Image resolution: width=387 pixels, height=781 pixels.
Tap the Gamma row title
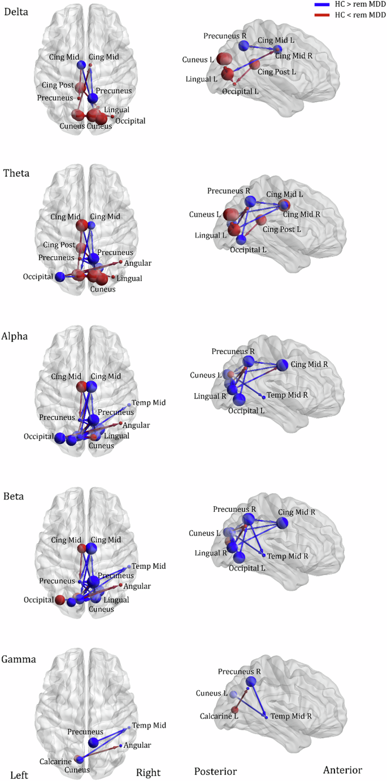[x=19, y=659]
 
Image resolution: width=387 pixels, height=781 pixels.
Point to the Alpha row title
[x=17, y=336]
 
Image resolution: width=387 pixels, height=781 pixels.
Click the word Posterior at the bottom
[x=215, y=771]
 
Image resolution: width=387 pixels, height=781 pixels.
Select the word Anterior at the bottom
[x=342, y=770]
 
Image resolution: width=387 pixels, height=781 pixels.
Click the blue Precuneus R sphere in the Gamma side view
[x=251, y=682]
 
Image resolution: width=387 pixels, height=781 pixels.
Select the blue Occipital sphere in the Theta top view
[x=60, y=277]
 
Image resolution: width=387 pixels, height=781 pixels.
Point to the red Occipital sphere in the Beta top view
[x=60, y=599]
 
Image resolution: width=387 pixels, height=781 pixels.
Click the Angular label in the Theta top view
[x=137, y=264]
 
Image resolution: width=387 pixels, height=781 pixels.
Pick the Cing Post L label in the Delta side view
[x=277, y=72]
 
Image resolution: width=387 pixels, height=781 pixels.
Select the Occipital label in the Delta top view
[x=130, y=121]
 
